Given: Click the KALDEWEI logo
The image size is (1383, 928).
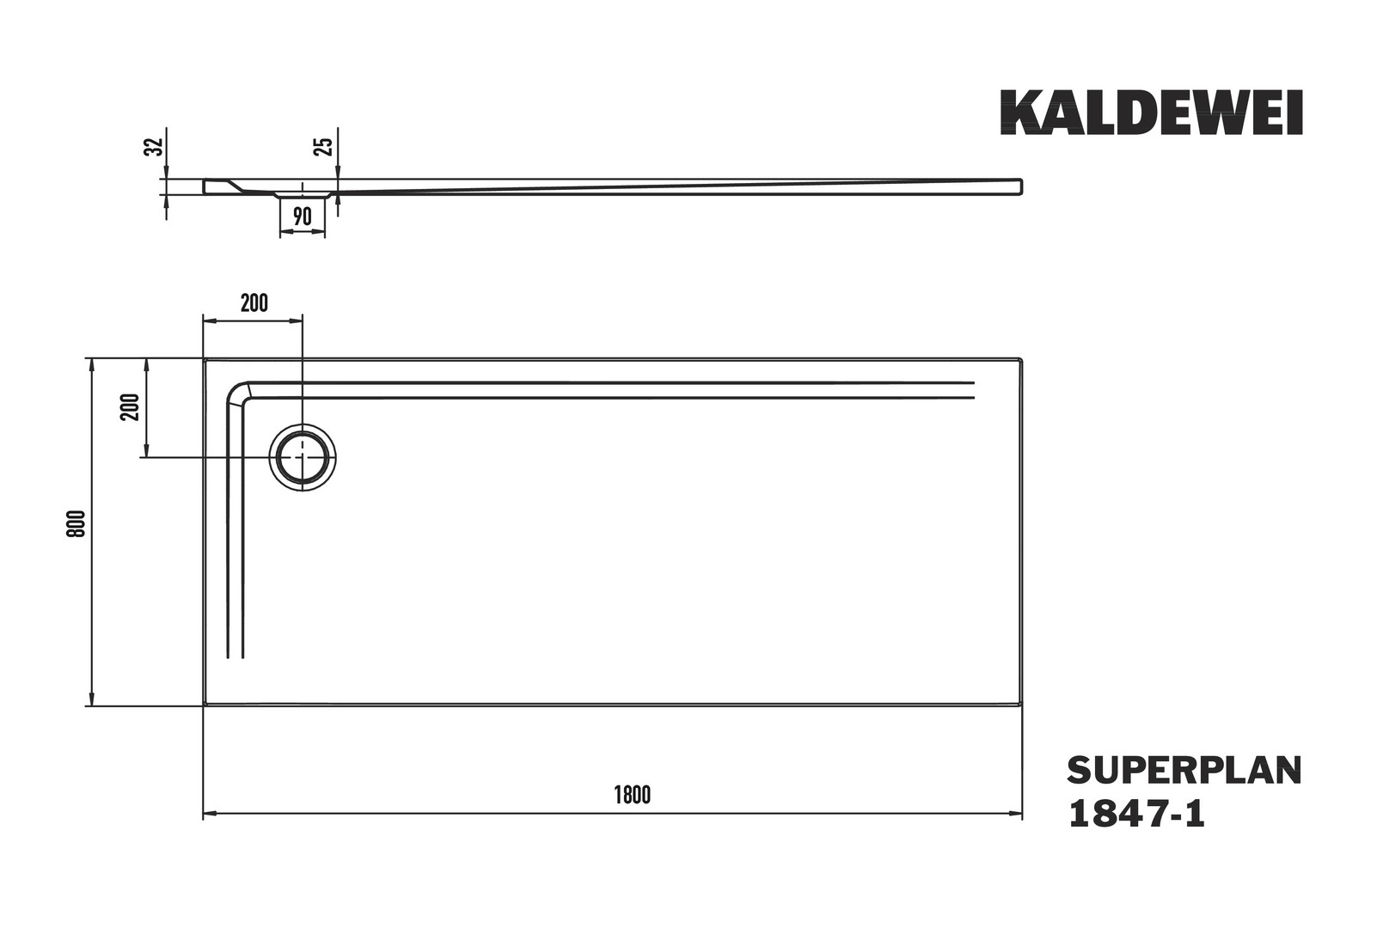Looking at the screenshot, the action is pyautogui.click(x=1152, y=113).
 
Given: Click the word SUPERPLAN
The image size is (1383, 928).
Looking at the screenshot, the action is pyautogui.click(x=1184, y=771).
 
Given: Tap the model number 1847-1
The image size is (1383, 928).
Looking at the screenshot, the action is pyautogui.click(x=1136, y=814).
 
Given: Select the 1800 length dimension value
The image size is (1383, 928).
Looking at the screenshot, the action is pyautogui.click(x=633, y=796).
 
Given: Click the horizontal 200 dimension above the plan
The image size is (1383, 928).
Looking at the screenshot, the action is pyautogui.click(x=254, y=303).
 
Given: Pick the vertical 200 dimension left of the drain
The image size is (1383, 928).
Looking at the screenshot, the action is pyautogui.click(x=131, y=406).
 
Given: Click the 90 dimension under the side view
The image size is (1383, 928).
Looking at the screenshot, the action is pyautogui.click(x=302, y=217).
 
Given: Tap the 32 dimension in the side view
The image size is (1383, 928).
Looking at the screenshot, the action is pyautogui.click(x=154, y=146).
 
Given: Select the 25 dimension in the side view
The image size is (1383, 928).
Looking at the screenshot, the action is pyautogui.click(x=324, y=146).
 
